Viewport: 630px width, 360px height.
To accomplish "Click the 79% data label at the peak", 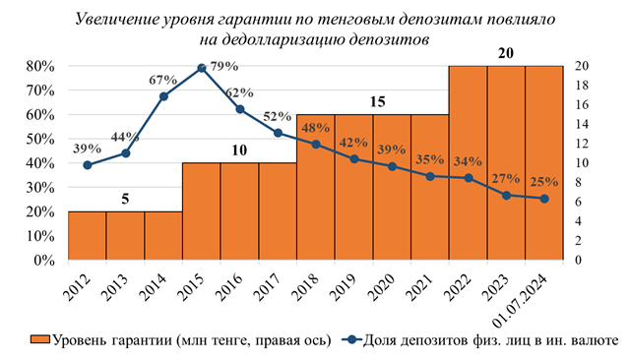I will click(x=223, y=65).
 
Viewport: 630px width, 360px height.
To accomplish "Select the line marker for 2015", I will click(x=202, y=68).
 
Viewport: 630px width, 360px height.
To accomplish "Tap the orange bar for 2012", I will click(x=87, y=236).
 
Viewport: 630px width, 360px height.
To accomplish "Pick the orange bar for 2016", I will click(x=239, y=211).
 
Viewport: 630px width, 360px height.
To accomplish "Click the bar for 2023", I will click(x=506, y=162).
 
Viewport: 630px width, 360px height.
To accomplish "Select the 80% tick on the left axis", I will click(x=38, y=66).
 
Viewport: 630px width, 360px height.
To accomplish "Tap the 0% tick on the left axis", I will click(x=42, y=261).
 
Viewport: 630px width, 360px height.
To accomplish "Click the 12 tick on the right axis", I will click(x=582, y=144).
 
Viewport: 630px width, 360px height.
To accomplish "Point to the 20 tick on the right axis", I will click(x=582, y=66).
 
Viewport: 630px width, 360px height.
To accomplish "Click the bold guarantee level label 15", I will click(x=373, y=100).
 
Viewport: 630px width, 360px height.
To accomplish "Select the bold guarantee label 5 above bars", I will click(x=125, y=197).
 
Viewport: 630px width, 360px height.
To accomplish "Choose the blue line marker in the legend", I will click(x=354, y=340).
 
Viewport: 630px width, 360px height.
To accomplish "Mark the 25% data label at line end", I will click(x=544, y=182).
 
